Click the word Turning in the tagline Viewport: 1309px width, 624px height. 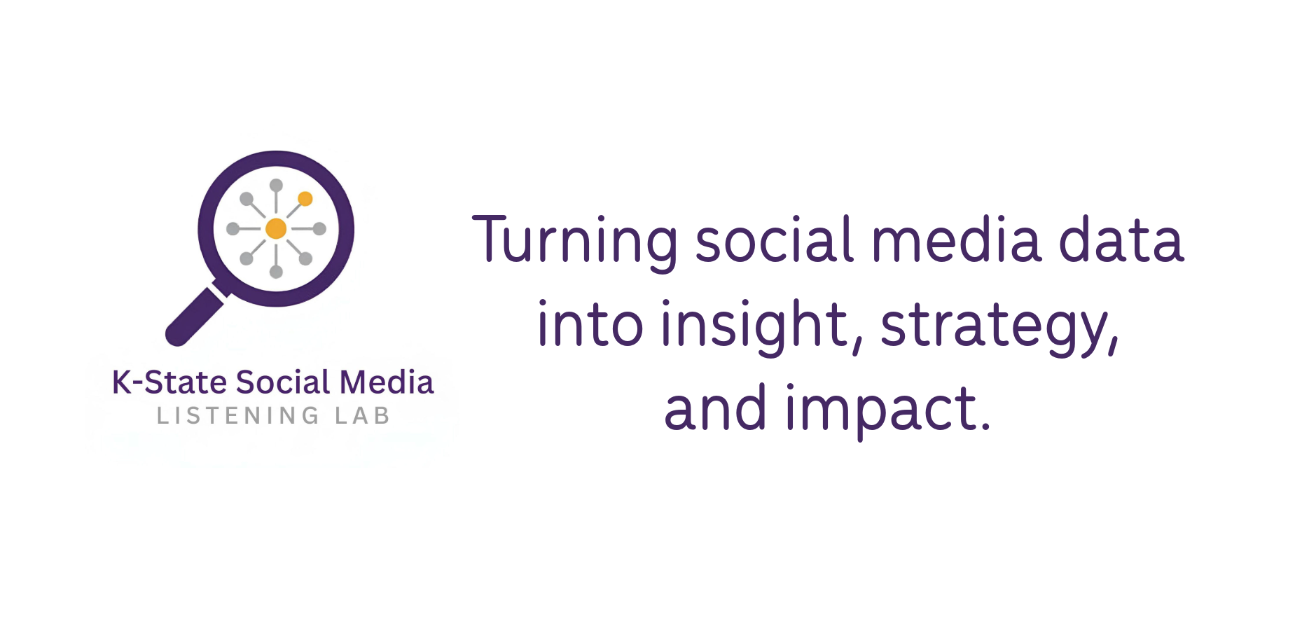click(x=575, y=242)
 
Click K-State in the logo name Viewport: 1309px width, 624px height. click(x=169, y=382)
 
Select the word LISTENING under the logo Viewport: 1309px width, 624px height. click(x=238, y=416)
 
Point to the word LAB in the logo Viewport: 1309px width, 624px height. click(x=362, y=416)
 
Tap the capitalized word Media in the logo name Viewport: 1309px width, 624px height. click(x=387, y=382)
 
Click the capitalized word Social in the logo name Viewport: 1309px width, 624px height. click(x=283, y=382)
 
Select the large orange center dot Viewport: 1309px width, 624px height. click(x=276, y=228)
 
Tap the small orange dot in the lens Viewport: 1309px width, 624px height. click(x=305, y=199)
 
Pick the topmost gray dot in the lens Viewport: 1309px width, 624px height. click(x=276, y=186)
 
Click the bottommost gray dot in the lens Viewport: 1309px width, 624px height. click(x=276, y=272)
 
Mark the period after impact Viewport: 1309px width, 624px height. click(x=985, y=426)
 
